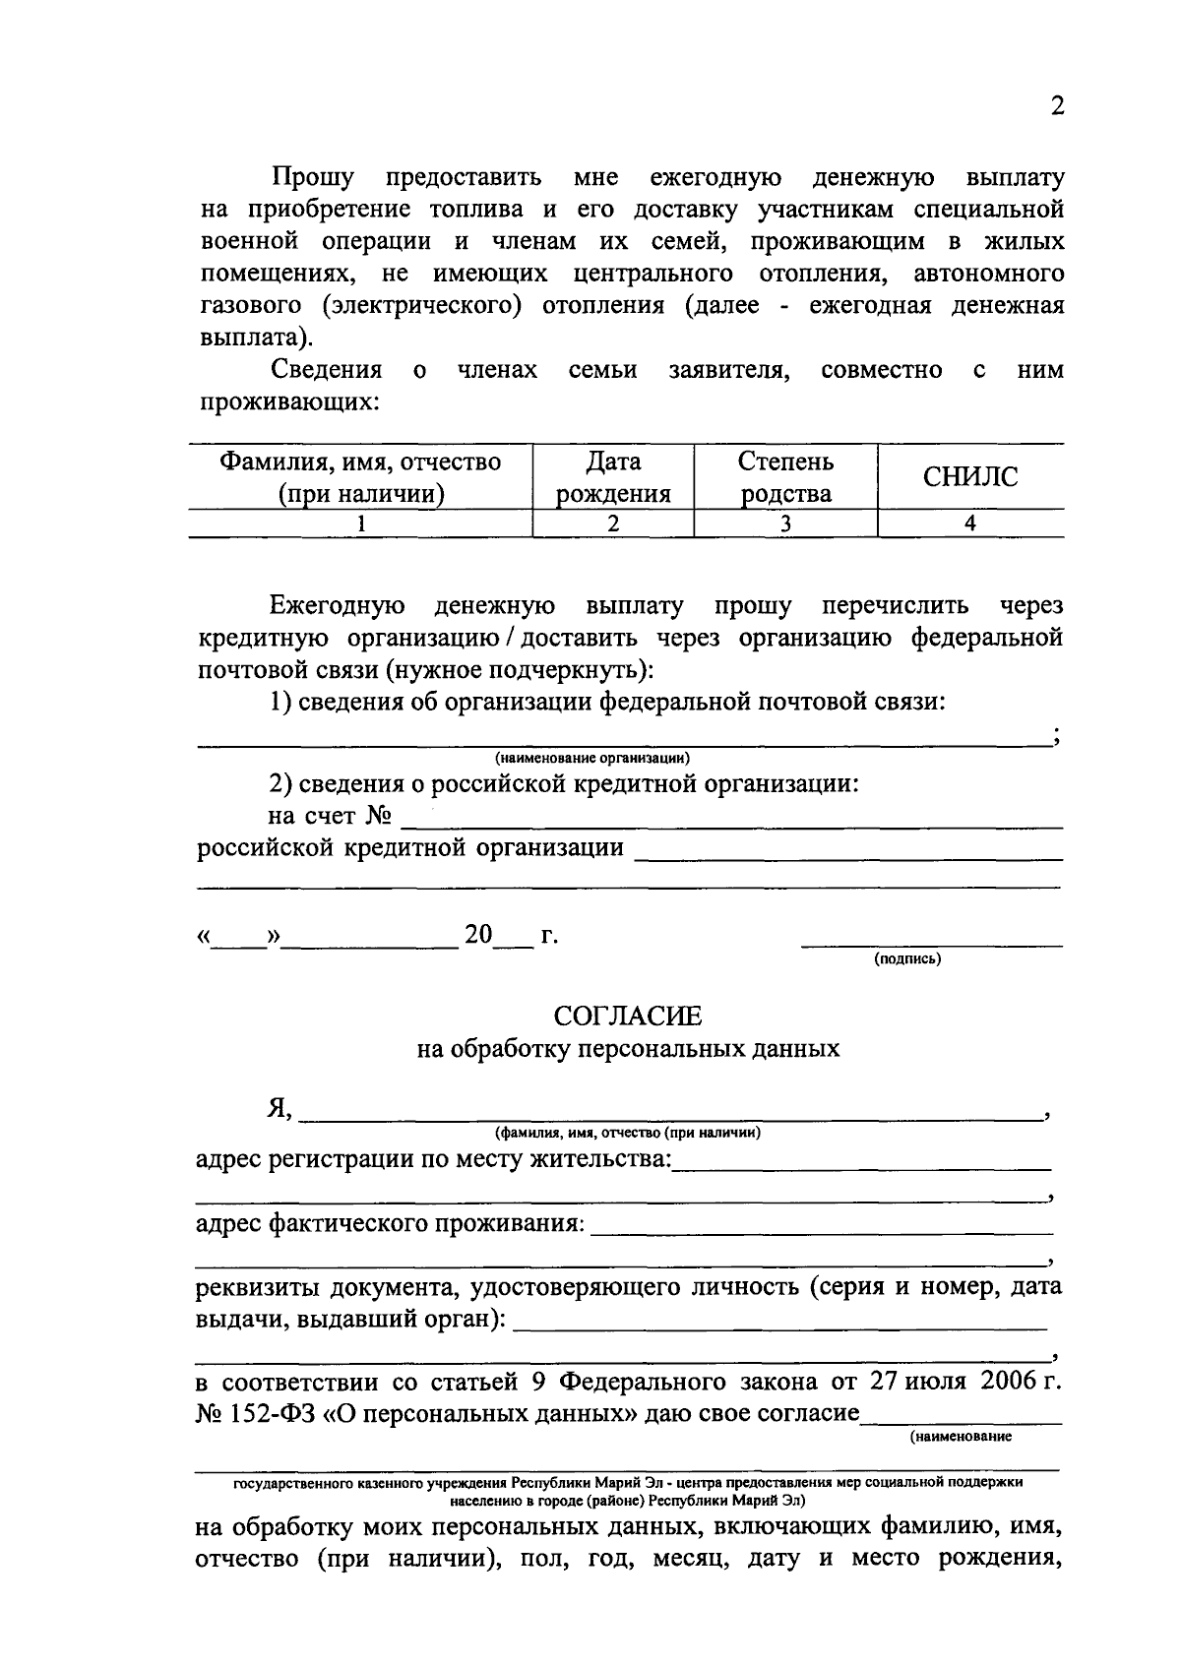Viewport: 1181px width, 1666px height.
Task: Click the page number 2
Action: [x=1057, y=106]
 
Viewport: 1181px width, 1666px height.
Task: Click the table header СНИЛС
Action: [x=969, y=477]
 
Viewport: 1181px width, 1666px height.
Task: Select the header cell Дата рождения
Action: [x=613, y=477]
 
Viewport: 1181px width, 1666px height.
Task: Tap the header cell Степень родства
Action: [x=785, y=477]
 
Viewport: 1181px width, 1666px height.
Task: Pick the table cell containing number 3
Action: [x=785, y=524]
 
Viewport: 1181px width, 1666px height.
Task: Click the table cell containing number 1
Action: [x=360, y=524]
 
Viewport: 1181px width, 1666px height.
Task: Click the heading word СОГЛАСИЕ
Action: [x=628, y=1015]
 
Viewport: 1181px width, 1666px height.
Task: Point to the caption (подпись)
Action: [x=907, y=958]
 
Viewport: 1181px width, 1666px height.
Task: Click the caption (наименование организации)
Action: [x=592, y=758]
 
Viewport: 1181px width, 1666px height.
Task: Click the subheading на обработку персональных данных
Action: [x=628, y=1048]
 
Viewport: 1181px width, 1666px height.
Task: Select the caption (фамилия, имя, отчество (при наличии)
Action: [x=628, y=1133]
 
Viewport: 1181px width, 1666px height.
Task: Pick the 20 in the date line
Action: [x=478, y=934]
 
